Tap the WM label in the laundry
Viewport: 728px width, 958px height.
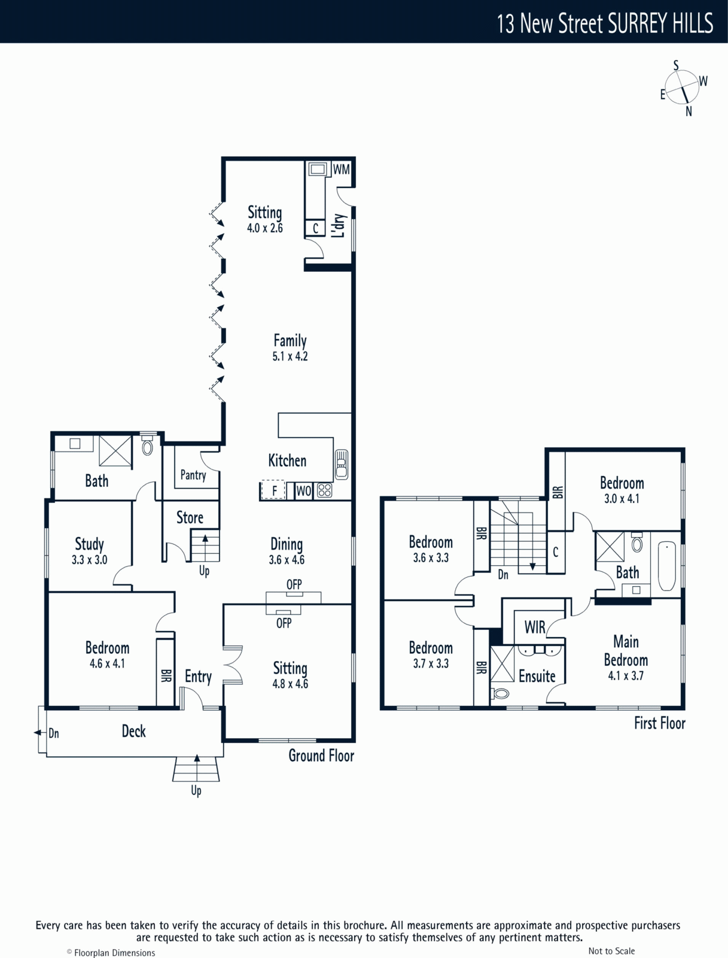coord(341,169)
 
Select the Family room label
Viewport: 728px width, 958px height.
coord(290,340)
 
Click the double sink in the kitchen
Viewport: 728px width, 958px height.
coord(342,464)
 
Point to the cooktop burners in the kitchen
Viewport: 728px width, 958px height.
coord(324,490)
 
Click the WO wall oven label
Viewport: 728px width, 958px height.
coord(303,491)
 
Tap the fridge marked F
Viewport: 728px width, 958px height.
coord(273,490)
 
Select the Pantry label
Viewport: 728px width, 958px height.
coord(193,475)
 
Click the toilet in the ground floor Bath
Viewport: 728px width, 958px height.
coord(147,445)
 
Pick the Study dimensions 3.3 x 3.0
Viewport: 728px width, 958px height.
coord(89,559)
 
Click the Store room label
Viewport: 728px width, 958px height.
coord(190,518)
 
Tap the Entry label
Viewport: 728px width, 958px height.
coord(199,677)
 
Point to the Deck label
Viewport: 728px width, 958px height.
coord(133,731)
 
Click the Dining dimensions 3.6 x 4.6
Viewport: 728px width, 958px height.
coord(287,559)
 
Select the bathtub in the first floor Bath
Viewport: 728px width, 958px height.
coord(666,566)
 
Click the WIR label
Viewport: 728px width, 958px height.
coord(535,627)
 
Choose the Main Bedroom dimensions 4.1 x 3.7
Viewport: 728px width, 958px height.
coord(626,675)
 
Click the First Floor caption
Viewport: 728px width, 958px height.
coord(660,723)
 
